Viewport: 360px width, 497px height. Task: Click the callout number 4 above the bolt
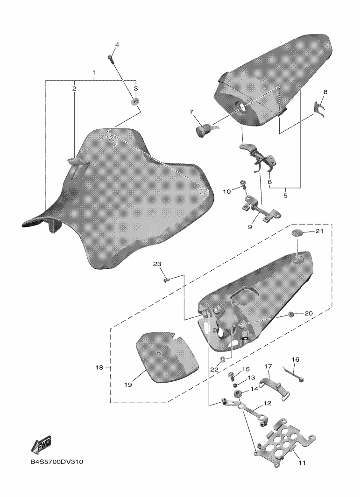(117, 45)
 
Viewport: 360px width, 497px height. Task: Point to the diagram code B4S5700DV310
(57, 462)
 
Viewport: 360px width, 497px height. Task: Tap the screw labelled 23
(166, 280)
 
